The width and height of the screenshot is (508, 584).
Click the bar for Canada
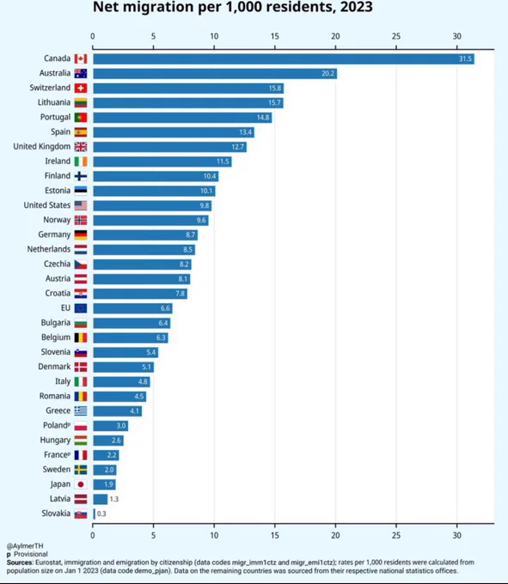pyautogui.click(x=284, y=59)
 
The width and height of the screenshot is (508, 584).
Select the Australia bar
pyautogui.click(x=215, y=73)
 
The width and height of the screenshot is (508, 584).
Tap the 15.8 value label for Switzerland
pyautogui.click(x=275, y=88)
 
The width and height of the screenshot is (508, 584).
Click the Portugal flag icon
pyautogui.click(x=81, y=118)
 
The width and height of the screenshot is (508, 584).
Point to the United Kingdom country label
pyautogui.click(x=42, y=146)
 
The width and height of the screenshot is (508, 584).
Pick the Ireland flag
pyautogui.click(x=81, y=161)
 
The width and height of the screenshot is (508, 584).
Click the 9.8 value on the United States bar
pyautogui.click(x=205, y=205)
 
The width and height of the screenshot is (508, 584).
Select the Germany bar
pyautogui.click(x=145, y=235)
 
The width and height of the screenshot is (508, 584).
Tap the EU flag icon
pyautogui.click(x=81, y=308)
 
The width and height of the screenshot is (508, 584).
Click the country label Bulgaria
pyautogui.click(x=56, y=323)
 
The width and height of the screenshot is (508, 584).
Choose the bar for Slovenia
pyautogui.click(x=125, y=352)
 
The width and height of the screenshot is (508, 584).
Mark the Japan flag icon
pyautogui.click(x=81, y=484)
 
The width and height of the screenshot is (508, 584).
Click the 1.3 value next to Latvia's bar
pyautogui.click(x=114, y=499)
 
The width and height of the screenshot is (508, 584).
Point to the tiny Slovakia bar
pyautogui.click(x=95, y=514)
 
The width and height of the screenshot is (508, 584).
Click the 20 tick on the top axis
pyautogui.click(x=335, y=36)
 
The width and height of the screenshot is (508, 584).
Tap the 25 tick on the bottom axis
pyautogui.click(x=396, y=535)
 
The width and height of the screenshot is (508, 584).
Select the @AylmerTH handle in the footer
pyautogui.click(x=25, y=545)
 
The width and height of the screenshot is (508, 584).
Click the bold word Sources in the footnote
pyautogui.click(x=20, y=563)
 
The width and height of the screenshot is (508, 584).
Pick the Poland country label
pyautogui.click(x=57, y=425)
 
